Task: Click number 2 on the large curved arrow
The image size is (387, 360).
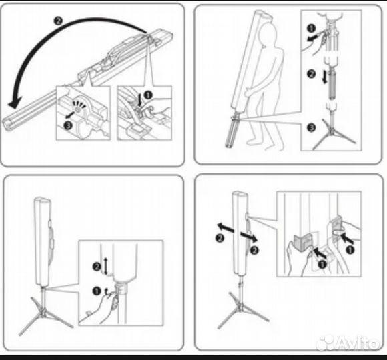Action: click(x=58, y=21)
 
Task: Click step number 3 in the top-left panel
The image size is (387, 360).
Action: click(x=68, y=125)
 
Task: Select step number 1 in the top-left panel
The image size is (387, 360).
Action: click(x=148, y=95)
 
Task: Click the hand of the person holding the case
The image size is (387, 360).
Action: click(x=248, y=93)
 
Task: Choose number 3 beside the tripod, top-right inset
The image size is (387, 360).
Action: click(x=311, y=128)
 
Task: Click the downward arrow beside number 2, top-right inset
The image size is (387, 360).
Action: click(x=325, y=77)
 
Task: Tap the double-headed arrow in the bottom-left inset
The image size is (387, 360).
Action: click(x=106, y=266)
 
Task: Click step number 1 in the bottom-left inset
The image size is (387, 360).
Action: click(x=97, y=291)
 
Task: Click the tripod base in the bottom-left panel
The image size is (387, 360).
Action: click(x=45, y=315)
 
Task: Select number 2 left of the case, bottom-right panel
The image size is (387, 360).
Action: click(x=220, y=238)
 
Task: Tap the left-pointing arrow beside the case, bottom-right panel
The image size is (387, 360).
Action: click(x=226, y=227)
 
